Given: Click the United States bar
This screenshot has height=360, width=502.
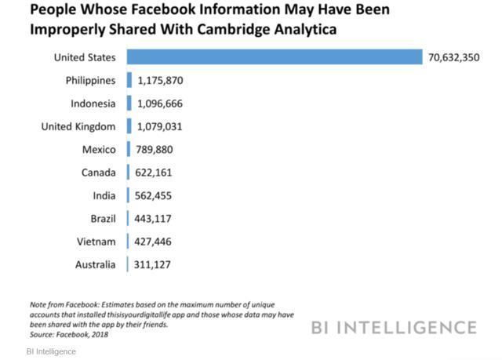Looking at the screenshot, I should (x=275, y=57).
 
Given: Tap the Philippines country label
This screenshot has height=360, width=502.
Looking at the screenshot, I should (x=91, y=81).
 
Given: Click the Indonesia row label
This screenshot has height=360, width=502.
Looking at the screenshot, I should (x=93, y=104).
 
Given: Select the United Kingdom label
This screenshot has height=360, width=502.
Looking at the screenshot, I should (x=78, y=126).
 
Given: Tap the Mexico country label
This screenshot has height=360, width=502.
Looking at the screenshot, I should (x=99, y=150).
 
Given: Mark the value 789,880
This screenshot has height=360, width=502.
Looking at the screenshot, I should (x=155, y=150).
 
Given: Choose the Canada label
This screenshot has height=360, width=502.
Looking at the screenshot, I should (x=98, y=173).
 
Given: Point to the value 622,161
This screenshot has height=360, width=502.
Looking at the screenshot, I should (x=155, y=173).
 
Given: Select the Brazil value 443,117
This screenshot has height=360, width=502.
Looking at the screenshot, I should (x=155, y=218).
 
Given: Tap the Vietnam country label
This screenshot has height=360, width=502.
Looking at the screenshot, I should (x=96, y=242).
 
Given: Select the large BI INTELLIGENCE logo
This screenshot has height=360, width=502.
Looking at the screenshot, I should (x=393, y=326).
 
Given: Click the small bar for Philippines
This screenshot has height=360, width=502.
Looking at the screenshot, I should (x=129, y=81).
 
